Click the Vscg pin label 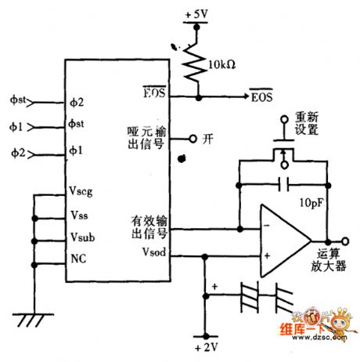pos(82,192)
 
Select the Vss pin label pos(78,214)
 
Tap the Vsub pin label pos(81,236)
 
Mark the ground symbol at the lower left pos(33,319)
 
